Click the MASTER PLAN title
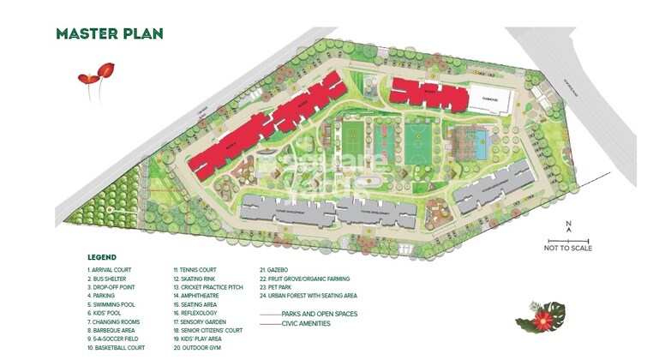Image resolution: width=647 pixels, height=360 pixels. coord(109,34)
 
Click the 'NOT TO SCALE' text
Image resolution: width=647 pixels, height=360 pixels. coord(568,249)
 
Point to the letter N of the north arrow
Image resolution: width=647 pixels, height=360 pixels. coord(568,226)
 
